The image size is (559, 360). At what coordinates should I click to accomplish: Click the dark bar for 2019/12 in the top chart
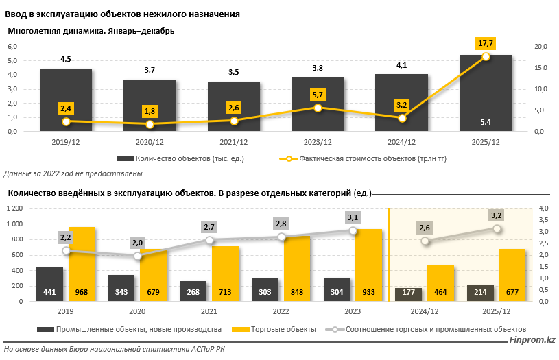[x=66, y=99]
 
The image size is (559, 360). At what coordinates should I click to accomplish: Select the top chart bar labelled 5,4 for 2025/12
[x=485, y=93]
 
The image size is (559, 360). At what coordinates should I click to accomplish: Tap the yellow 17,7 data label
[x=486, y=43]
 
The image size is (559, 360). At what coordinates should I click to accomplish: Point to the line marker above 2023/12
[x=318, y=108]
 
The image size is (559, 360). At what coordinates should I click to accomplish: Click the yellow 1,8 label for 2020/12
[x=150, y=111]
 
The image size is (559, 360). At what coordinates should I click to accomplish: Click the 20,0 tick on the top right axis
[x=540, y=47]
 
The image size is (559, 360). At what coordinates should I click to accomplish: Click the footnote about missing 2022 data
[x=75, y=173]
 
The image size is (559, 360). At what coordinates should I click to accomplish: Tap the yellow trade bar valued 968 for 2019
[x=82, y=265]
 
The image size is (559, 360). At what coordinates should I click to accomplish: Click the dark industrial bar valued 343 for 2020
[x=121, y=289]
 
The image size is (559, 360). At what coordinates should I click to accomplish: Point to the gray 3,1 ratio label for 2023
[x=353, y=217]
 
